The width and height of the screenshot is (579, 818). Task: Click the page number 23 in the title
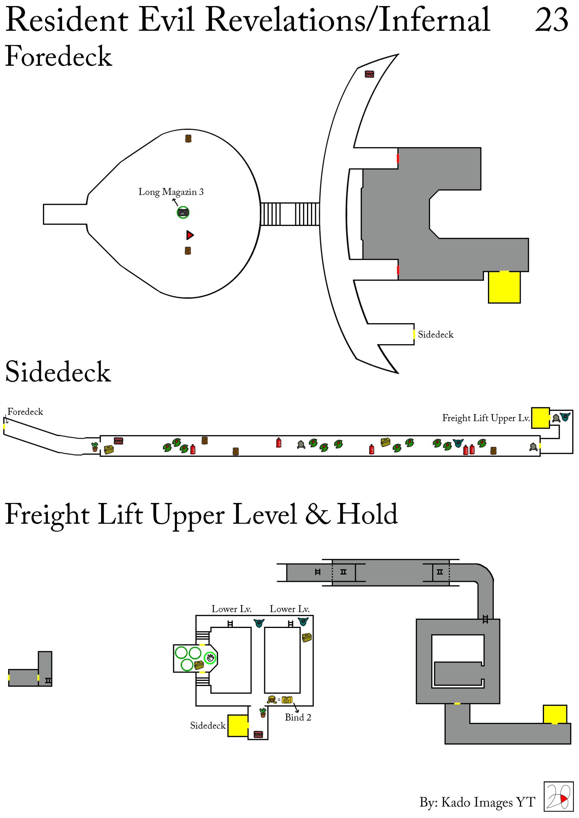click(551, 20)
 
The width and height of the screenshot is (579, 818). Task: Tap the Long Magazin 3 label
click(171, 192)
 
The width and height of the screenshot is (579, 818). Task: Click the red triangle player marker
click(190, 235)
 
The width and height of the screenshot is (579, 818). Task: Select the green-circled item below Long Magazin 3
click(183, 213)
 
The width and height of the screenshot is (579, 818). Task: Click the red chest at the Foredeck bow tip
click(369, 74)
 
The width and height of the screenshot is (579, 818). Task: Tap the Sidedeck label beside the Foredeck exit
click(435, 335)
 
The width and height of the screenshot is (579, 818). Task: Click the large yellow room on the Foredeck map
click(504, 287)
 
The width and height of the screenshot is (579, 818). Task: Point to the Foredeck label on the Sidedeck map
click(25, 412)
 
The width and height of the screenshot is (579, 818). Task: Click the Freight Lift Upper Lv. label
click(486, 418)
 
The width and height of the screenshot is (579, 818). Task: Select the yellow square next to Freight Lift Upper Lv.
click(540, 418)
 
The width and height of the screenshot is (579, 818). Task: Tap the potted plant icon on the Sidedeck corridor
click(94, 447)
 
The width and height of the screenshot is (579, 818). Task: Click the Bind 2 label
click(298, 717)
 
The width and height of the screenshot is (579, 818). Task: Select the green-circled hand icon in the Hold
click(210, 658)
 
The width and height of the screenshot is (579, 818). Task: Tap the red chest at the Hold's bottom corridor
click(258, 734)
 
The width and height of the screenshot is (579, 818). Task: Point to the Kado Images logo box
click(558, 796)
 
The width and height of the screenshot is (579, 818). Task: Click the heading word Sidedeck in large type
click(58, 372)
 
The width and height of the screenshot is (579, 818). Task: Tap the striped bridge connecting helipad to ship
click(290, 214)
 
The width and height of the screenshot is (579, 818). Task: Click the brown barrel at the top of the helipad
click(188, 139)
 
